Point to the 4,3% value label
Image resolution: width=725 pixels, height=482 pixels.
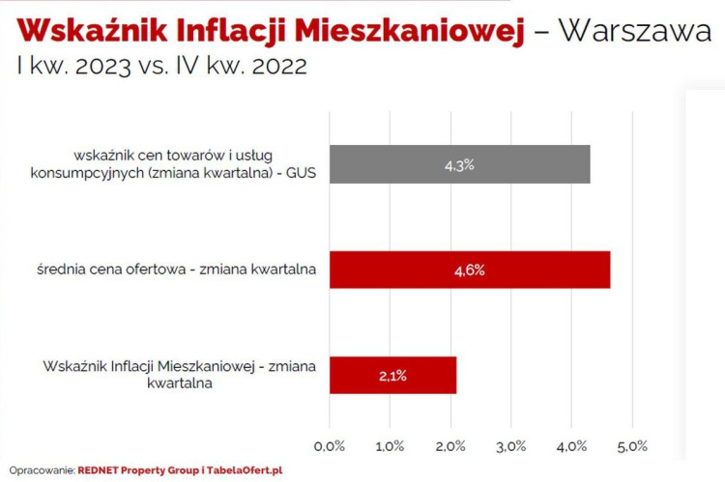tap(459, 165)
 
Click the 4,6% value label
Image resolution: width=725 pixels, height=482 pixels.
tap(469, 270)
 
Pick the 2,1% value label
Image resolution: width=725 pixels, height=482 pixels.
tap(391, 376)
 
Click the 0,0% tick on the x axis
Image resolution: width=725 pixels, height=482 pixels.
tap(331, 446)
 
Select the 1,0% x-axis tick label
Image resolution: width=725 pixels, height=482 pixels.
tap(391, 446)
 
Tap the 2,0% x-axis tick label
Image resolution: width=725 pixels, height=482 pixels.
tap(451, 446)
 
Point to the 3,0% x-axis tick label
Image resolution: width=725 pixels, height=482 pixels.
tap(512, 446)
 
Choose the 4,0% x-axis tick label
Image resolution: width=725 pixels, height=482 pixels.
tap(572, 446)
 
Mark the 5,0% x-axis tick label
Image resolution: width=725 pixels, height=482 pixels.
tap(632, 446)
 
